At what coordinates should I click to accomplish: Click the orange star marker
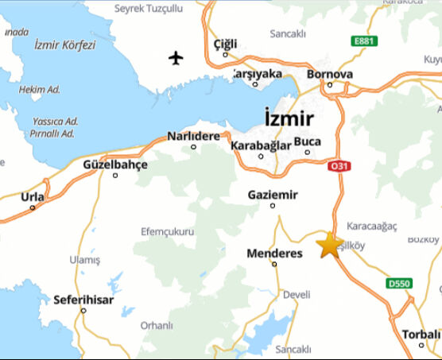pyautogui.click(x=329, y=244)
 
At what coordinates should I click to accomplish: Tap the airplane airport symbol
pyautogui.click(x=176, y=57)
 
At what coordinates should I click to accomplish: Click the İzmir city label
pyautogui.click(x=289, y=118)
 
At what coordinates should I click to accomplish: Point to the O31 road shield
pyautogui.click(x=339, y=165)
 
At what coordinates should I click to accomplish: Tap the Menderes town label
pyautogui.click(x=275, y=254)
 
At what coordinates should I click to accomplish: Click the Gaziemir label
pyautogui.click(x=273, y=195)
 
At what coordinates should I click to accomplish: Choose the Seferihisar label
pyautogui.click(x=83, y=300)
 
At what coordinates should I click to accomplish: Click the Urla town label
pyautogui.click(x=33, y=196)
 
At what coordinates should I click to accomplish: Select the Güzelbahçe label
pyautogui.click(x=115, y=165)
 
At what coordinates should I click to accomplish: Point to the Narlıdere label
pyautogui.click(x=193, y=136)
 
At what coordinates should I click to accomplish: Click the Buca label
pyautogui.click(x=308, y=141)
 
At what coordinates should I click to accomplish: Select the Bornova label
pyautogui.click(x=330, y=75)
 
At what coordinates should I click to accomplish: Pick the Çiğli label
pyautogui.click(x=226, y=44)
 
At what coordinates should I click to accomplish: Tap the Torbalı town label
pyautogui.click(x=419, y=333)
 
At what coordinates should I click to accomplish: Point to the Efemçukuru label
pyautogui.click(x=168, y=231)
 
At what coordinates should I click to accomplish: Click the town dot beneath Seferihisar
pyautogui.click(x=83, y=311)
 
